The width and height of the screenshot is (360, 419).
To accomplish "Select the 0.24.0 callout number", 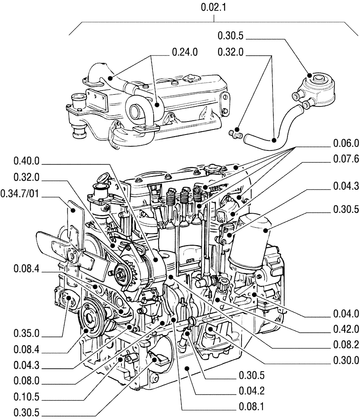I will coord(184,52).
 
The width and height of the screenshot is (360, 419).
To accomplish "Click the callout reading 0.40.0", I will coord(26,161).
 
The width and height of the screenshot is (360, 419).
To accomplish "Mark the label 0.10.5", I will coord(26,396).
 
